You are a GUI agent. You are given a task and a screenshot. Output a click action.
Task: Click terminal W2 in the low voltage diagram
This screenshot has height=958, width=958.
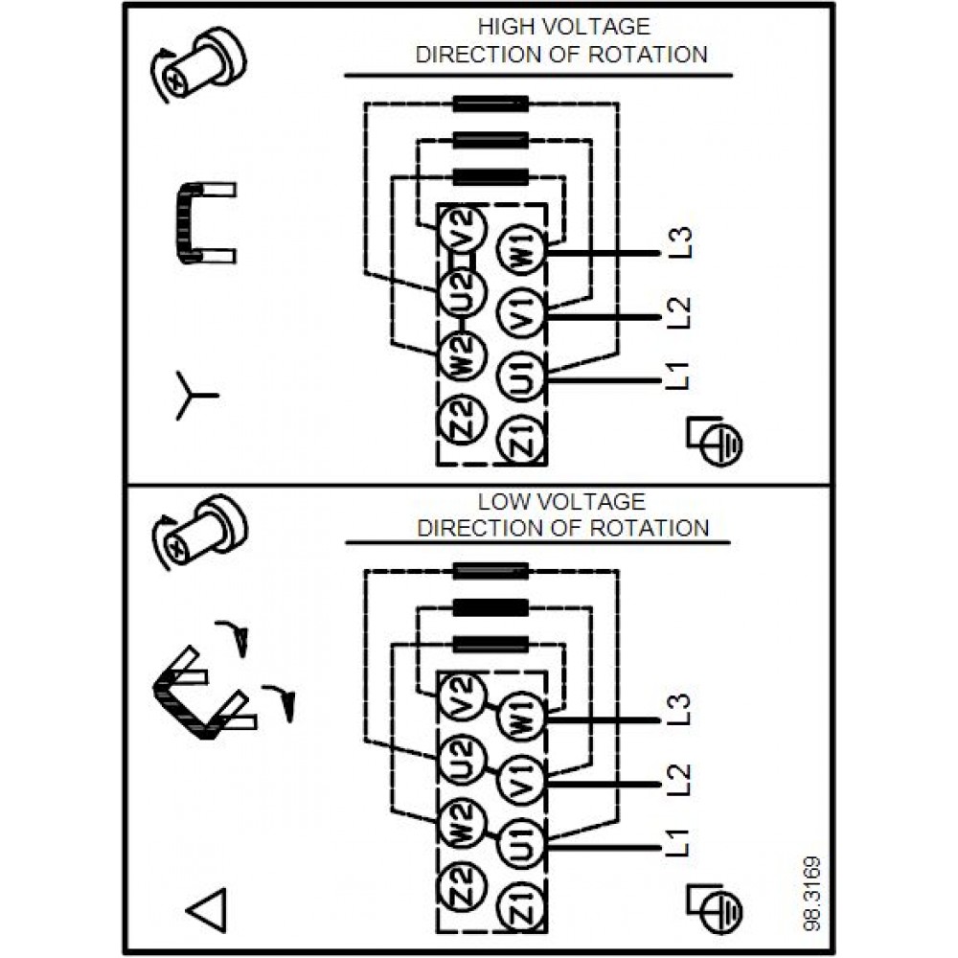click(x=458, y=821)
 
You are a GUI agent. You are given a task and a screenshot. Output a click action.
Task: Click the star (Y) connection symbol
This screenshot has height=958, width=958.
click(x=195, y=395)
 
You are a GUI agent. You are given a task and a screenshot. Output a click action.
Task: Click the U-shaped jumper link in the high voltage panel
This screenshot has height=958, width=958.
click(x=201, y=222)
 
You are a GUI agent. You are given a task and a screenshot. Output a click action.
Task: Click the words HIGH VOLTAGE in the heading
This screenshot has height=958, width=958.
click(x=563, y=27)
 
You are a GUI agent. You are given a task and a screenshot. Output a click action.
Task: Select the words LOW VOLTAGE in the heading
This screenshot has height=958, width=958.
click(x=562, y=501)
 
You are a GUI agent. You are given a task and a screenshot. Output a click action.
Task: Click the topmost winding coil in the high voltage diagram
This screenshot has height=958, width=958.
click(x=490, y=103)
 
